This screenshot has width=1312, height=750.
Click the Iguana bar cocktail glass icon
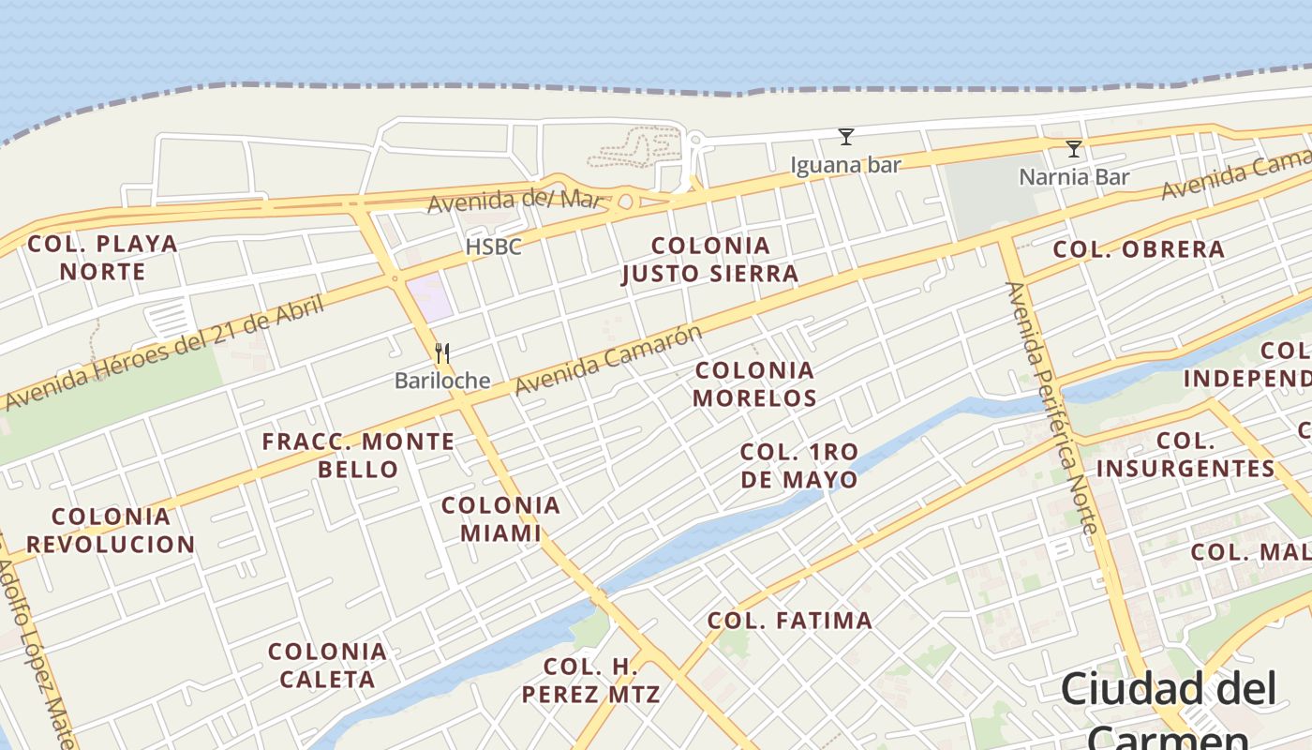click(x=846, y=137)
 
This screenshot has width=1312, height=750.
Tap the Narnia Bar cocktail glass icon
click(x=1074, y=149)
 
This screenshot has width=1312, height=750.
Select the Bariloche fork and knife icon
click(x=442, y=353)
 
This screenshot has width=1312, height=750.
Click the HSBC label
click(x=493, y=247)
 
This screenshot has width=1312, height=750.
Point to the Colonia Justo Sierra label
click(x=710, y=260)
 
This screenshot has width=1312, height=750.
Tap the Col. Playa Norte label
click(x=103, y=258)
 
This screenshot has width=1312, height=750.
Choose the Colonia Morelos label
click(x=754, y=383)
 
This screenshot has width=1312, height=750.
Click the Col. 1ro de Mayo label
click(x=798, y=465)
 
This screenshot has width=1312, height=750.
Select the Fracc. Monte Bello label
click(x=358, y=455)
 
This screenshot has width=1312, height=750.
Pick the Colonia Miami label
click(x=500, y=519)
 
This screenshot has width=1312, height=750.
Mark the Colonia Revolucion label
click(x=111, y=530)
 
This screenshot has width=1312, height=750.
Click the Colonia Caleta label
click(x=327, y=665)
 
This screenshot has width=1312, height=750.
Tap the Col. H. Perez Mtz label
click(x=590, y=681)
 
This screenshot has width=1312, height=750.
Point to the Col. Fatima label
click(x=789, y=620)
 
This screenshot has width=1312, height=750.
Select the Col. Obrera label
click(x=1139, y=249)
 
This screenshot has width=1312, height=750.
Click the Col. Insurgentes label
click(x=1185, y=454)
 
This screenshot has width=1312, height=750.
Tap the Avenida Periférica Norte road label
click(x=1051, y=408)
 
